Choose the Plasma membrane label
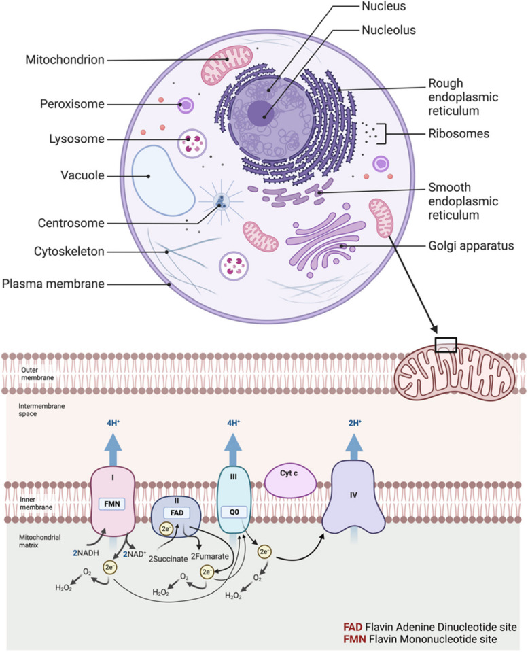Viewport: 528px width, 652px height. (x=52, y=284)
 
